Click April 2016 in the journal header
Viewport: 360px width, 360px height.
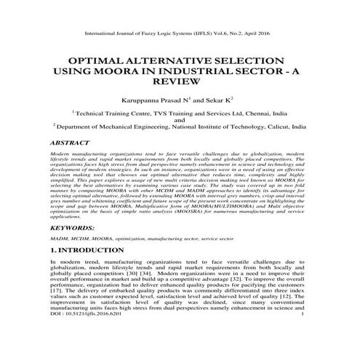click(x=258, y=33)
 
